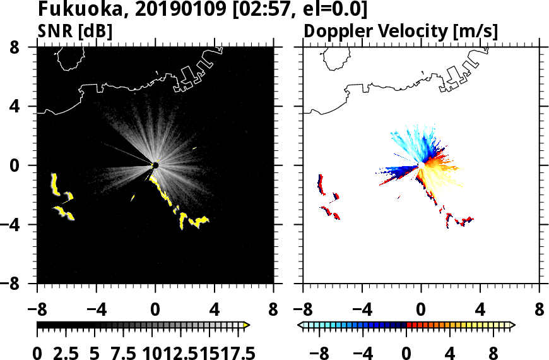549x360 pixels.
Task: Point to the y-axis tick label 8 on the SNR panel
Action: [23, 47]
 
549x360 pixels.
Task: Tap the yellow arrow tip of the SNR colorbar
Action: [247, 325]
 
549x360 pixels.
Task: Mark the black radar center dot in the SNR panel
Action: [155, 165]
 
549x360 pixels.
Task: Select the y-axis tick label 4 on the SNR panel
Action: [23, 107]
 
